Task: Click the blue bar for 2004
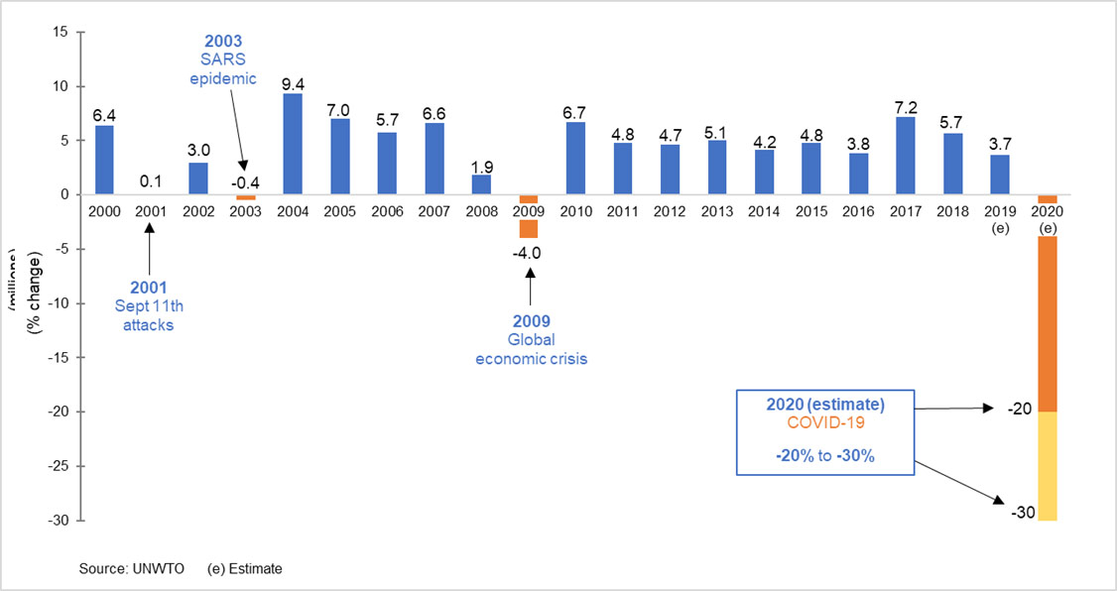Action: click(x=293, y=144)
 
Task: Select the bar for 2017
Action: click(x=906, y=156)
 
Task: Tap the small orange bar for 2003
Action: click(x=245, y=197)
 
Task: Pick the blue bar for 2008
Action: click(x=481, y=184)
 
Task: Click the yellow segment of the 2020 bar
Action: click(x=1047, y=466)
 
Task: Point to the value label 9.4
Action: click(x=293, y=83)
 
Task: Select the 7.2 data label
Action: click(x=906, y=107)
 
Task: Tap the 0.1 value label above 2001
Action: click(x=151, y=182)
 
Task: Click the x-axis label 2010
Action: click(x=575, y=211)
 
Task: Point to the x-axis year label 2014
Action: click(x=764, y=211)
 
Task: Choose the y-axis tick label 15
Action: click(x=60, y=32)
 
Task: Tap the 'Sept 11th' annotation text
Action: click(x=148, y=306)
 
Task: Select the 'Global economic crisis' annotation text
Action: click(x=530, y=349)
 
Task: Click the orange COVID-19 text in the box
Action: click(x=825, y=423)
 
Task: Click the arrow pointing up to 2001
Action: click(x=151, y=253)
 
